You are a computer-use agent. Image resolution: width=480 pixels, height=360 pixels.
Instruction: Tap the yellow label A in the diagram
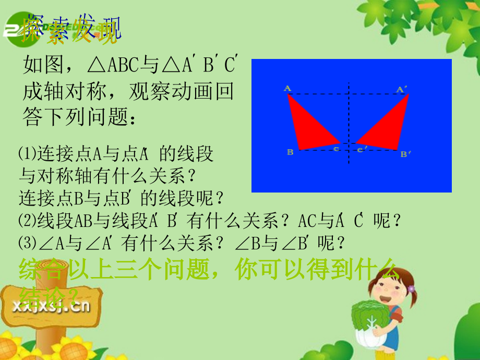point(287,88)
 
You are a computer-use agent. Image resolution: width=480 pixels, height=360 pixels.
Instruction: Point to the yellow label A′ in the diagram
point(401,89)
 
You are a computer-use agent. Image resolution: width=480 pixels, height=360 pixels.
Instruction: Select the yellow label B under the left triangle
point(290,152)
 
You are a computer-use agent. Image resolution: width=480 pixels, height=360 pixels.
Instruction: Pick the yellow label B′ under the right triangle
point(405,153)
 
